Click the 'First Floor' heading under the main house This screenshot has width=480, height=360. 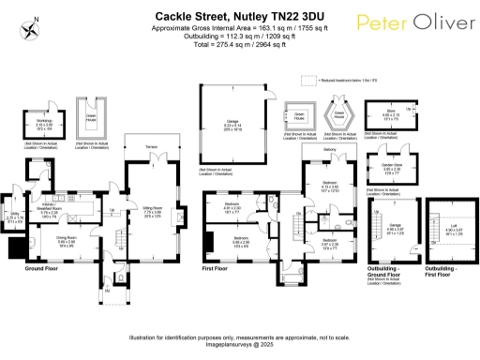pyautogui.click(x=215, y=268)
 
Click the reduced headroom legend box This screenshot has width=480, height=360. pyautogui.click(x=315, y=81)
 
